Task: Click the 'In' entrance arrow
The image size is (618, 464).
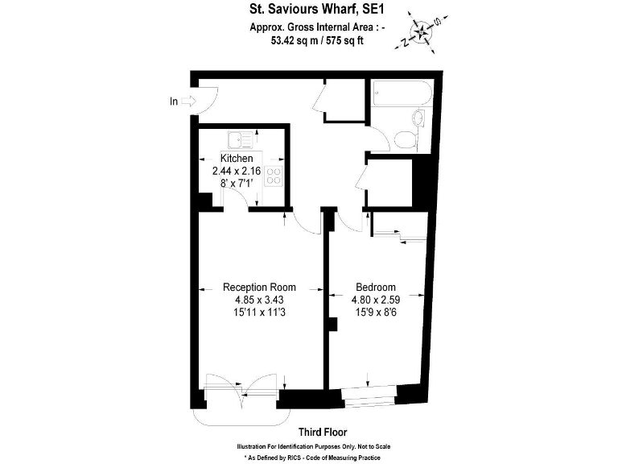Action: pos(183,101)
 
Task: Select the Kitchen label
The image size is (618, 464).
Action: pos(237,159)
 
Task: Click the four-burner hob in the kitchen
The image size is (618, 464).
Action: pos(274,177)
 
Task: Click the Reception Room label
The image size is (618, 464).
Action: pos(259,287)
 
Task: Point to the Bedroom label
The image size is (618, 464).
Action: pos(376,287)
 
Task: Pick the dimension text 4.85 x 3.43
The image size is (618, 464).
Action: pos(259,300)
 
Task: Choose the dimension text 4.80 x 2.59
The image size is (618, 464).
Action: pos(376,300)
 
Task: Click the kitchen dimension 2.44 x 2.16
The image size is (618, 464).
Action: pos(237,172)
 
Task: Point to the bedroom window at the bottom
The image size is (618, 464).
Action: pos(369,396)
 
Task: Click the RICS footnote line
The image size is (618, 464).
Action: pos(315,457)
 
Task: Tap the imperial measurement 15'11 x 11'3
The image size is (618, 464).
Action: pos(259,314)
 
